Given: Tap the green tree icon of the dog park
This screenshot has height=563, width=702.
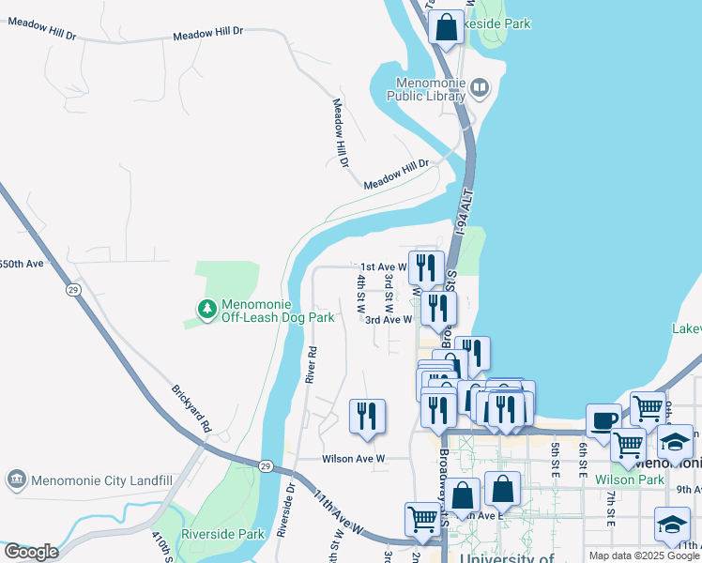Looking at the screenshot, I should pos(206,308).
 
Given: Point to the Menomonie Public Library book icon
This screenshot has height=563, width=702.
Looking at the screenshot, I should pos(480,89).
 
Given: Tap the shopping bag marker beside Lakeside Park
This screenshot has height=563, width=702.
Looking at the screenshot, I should pos(447,27).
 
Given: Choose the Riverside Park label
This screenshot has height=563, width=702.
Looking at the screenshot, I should pos(223,534).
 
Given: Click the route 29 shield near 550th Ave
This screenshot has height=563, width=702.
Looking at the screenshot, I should pos(72,290).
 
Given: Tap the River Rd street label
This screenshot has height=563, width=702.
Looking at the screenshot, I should pos(312,364).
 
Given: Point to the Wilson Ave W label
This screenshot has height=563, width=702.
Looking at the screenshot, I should pos(354,459).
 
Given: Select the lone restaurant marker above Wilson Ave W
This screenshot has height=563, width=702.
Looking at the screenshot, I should pos(367,417).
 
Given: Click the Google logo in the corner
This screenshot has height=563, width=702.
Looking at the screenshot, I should pos(31,552).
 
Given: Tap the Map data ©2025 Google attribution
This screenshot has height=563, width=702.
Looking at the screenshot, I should pos(644,555).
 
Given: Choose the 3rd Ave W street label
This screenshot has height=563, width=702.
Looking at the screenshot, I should pos(389,319).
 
